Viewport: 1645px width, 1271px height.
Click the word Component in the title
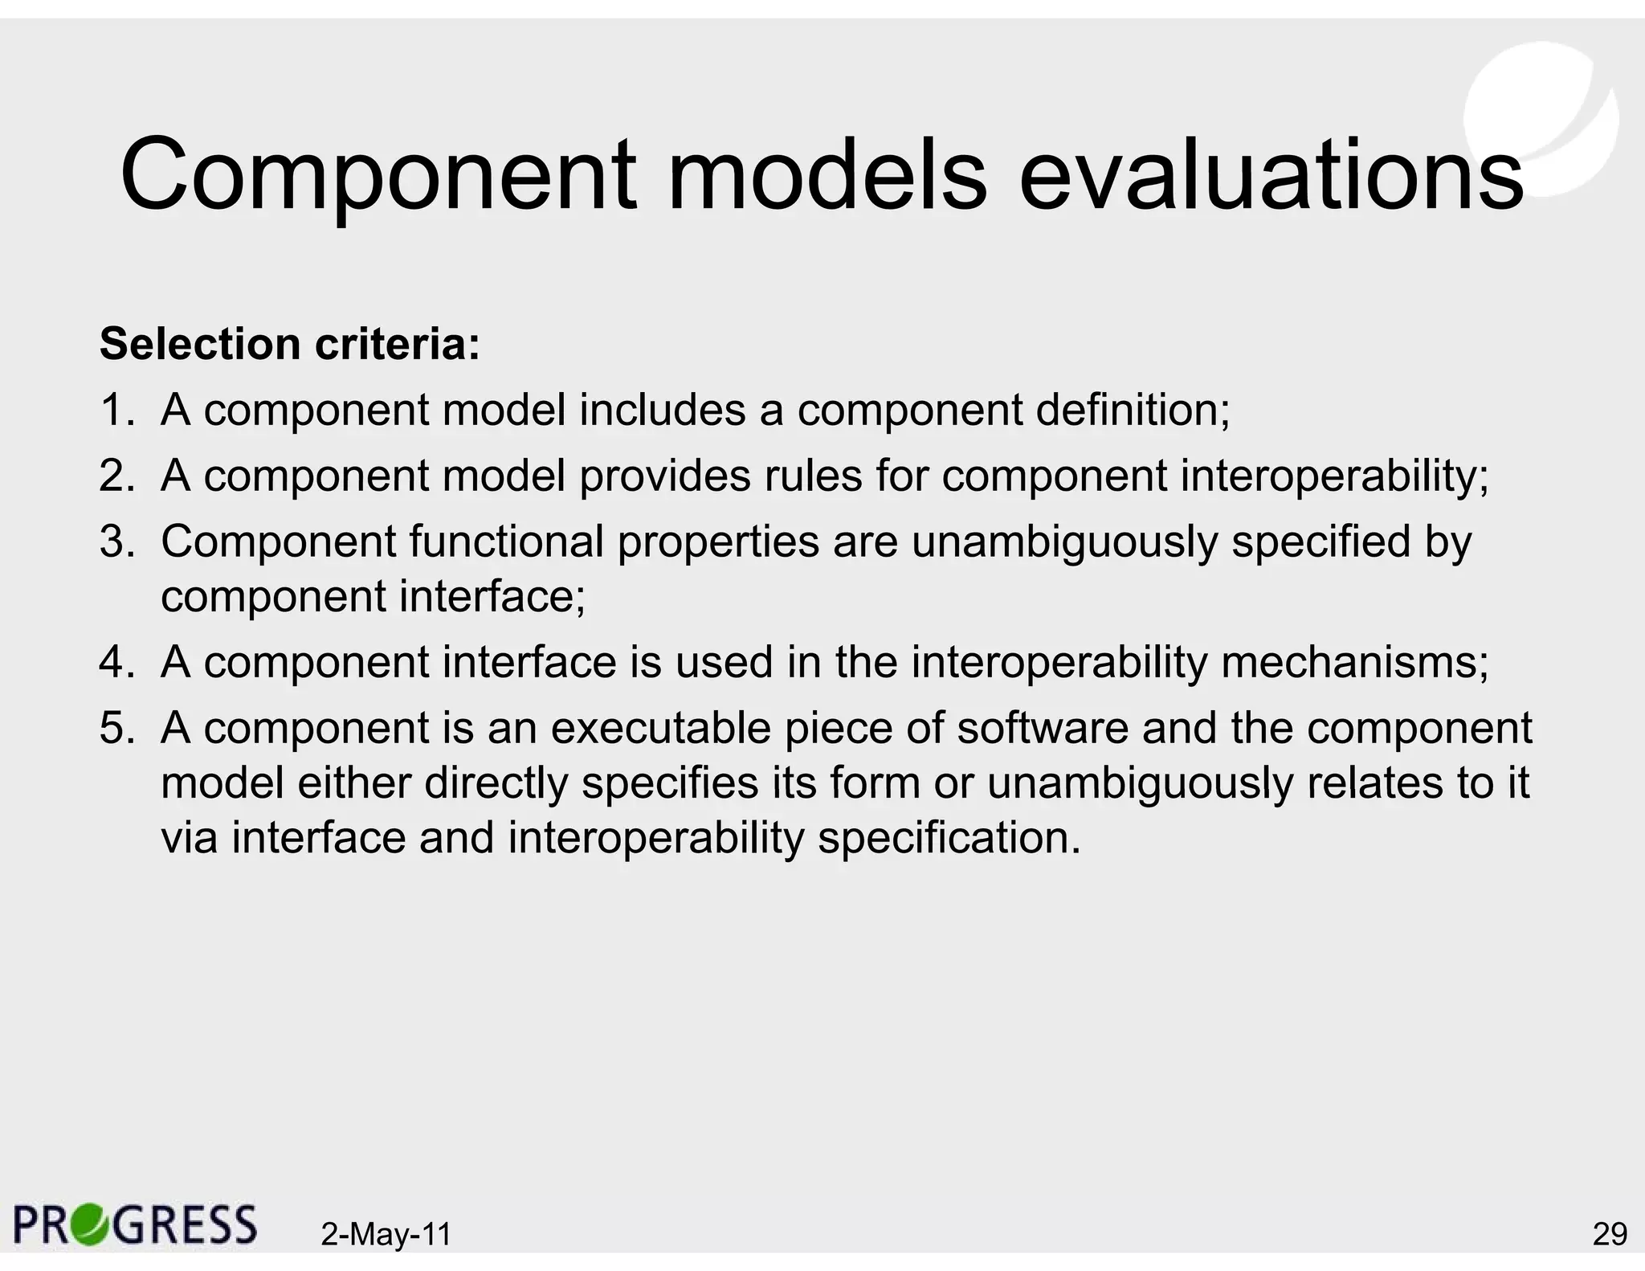click(378, 175)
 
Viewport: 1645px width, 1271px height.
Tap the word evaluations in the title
click(1271, 175)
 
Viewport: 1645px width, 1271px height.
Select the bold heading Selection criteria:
click(289, 344)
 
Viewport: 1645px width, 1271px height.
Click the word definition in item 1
click(1131, 410)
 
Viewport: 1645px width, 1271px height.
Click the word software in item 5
click(1041, 729)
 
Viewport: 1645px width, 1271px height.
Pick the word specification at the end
click(948, 838)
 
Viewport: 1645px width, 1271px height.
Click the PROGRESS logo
click(135, 1224)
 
